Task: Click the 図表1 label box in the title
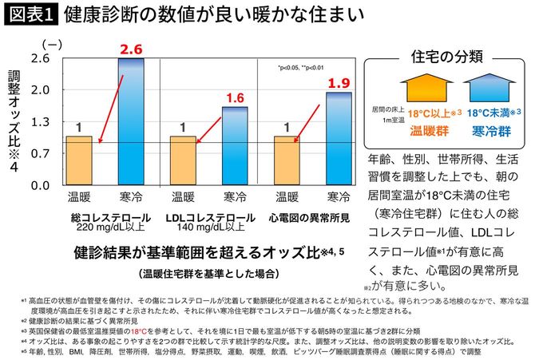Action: (x=29, y=15)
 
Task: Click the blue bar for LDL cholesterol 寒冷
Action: (x=234, y=144)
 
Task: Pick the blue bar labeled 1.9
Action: (x=339, y=137)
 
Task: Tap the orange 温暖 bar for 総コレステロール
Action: (x=78, y=160)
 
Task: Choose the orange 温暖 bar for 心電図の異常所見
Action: (x=287, y=160)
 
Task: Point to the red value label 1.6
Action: (x=235, y=98)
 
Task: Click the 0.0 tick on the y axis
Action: (x=39, y=184)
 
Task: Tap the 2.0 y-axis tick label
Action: (x=39, y=89)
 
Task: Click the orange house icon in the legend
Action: (x=421, y=87)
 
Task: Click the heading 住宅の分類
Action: (x=446, y=56)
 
